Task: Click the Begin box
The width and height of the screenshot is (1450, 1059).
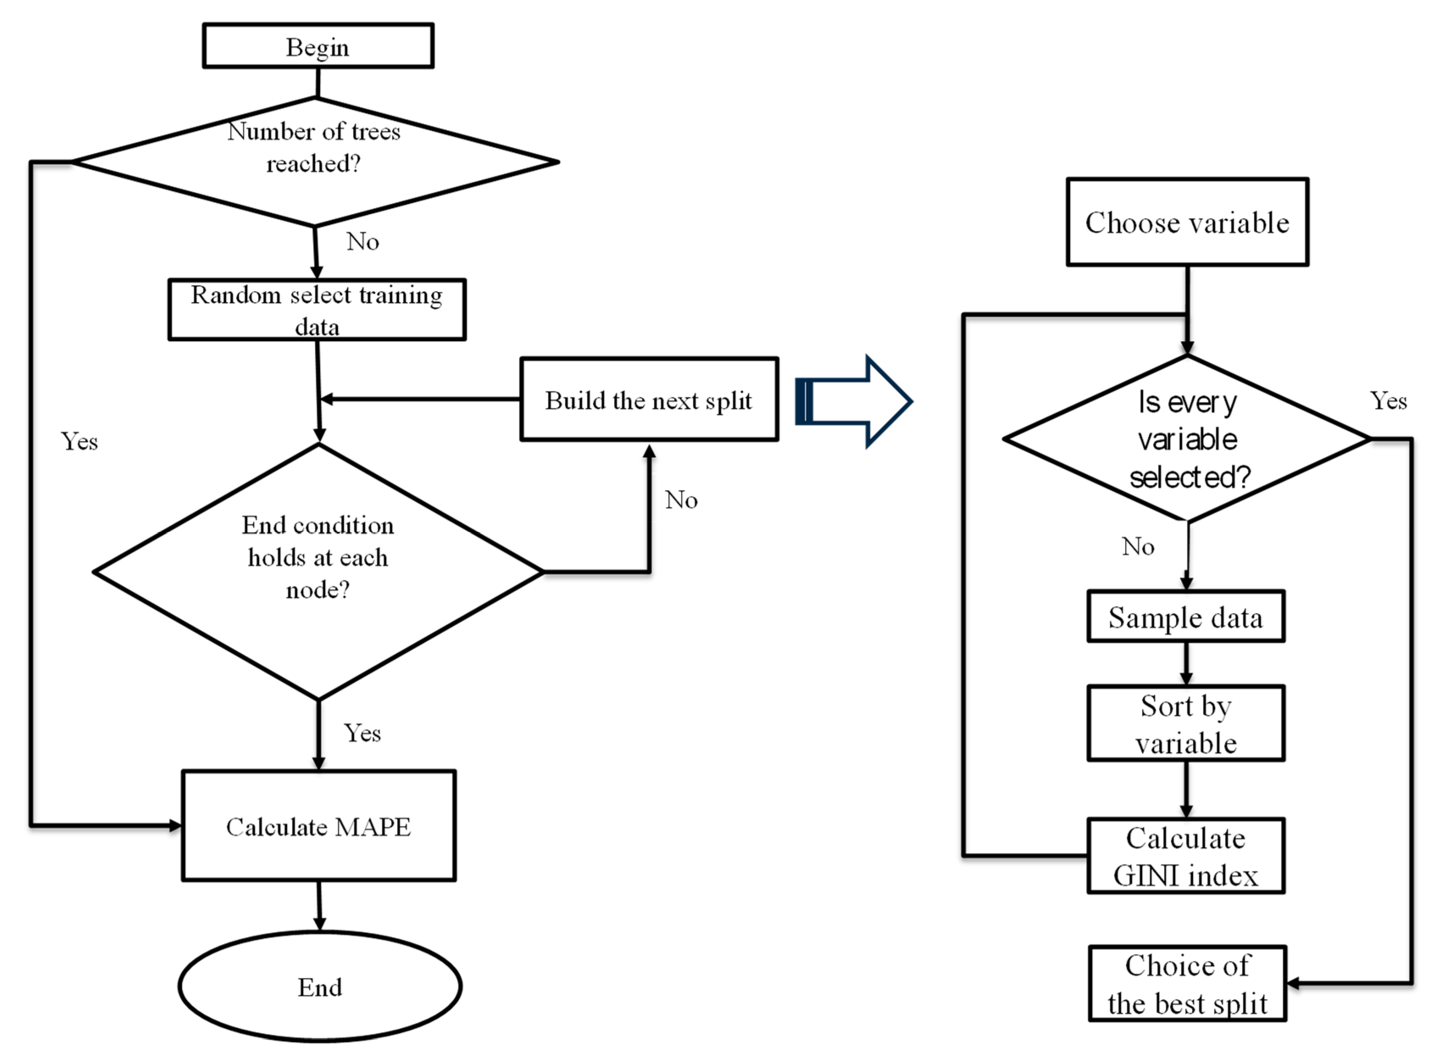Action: point(318,46)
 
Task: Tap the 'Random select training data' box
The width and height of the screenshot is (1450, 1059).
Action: point(317,310)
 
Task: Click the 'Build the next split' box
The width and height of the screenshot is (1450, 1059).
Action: point(649,399)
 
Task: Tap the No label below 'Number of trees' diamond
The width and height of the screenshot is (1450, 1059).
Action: point(363,242)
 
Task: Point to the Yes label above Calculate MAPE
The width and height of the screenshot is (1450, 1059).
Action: point(362,733)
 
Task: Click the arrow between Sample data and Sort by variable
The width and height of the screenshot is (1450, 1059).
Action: point(1186,664)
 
